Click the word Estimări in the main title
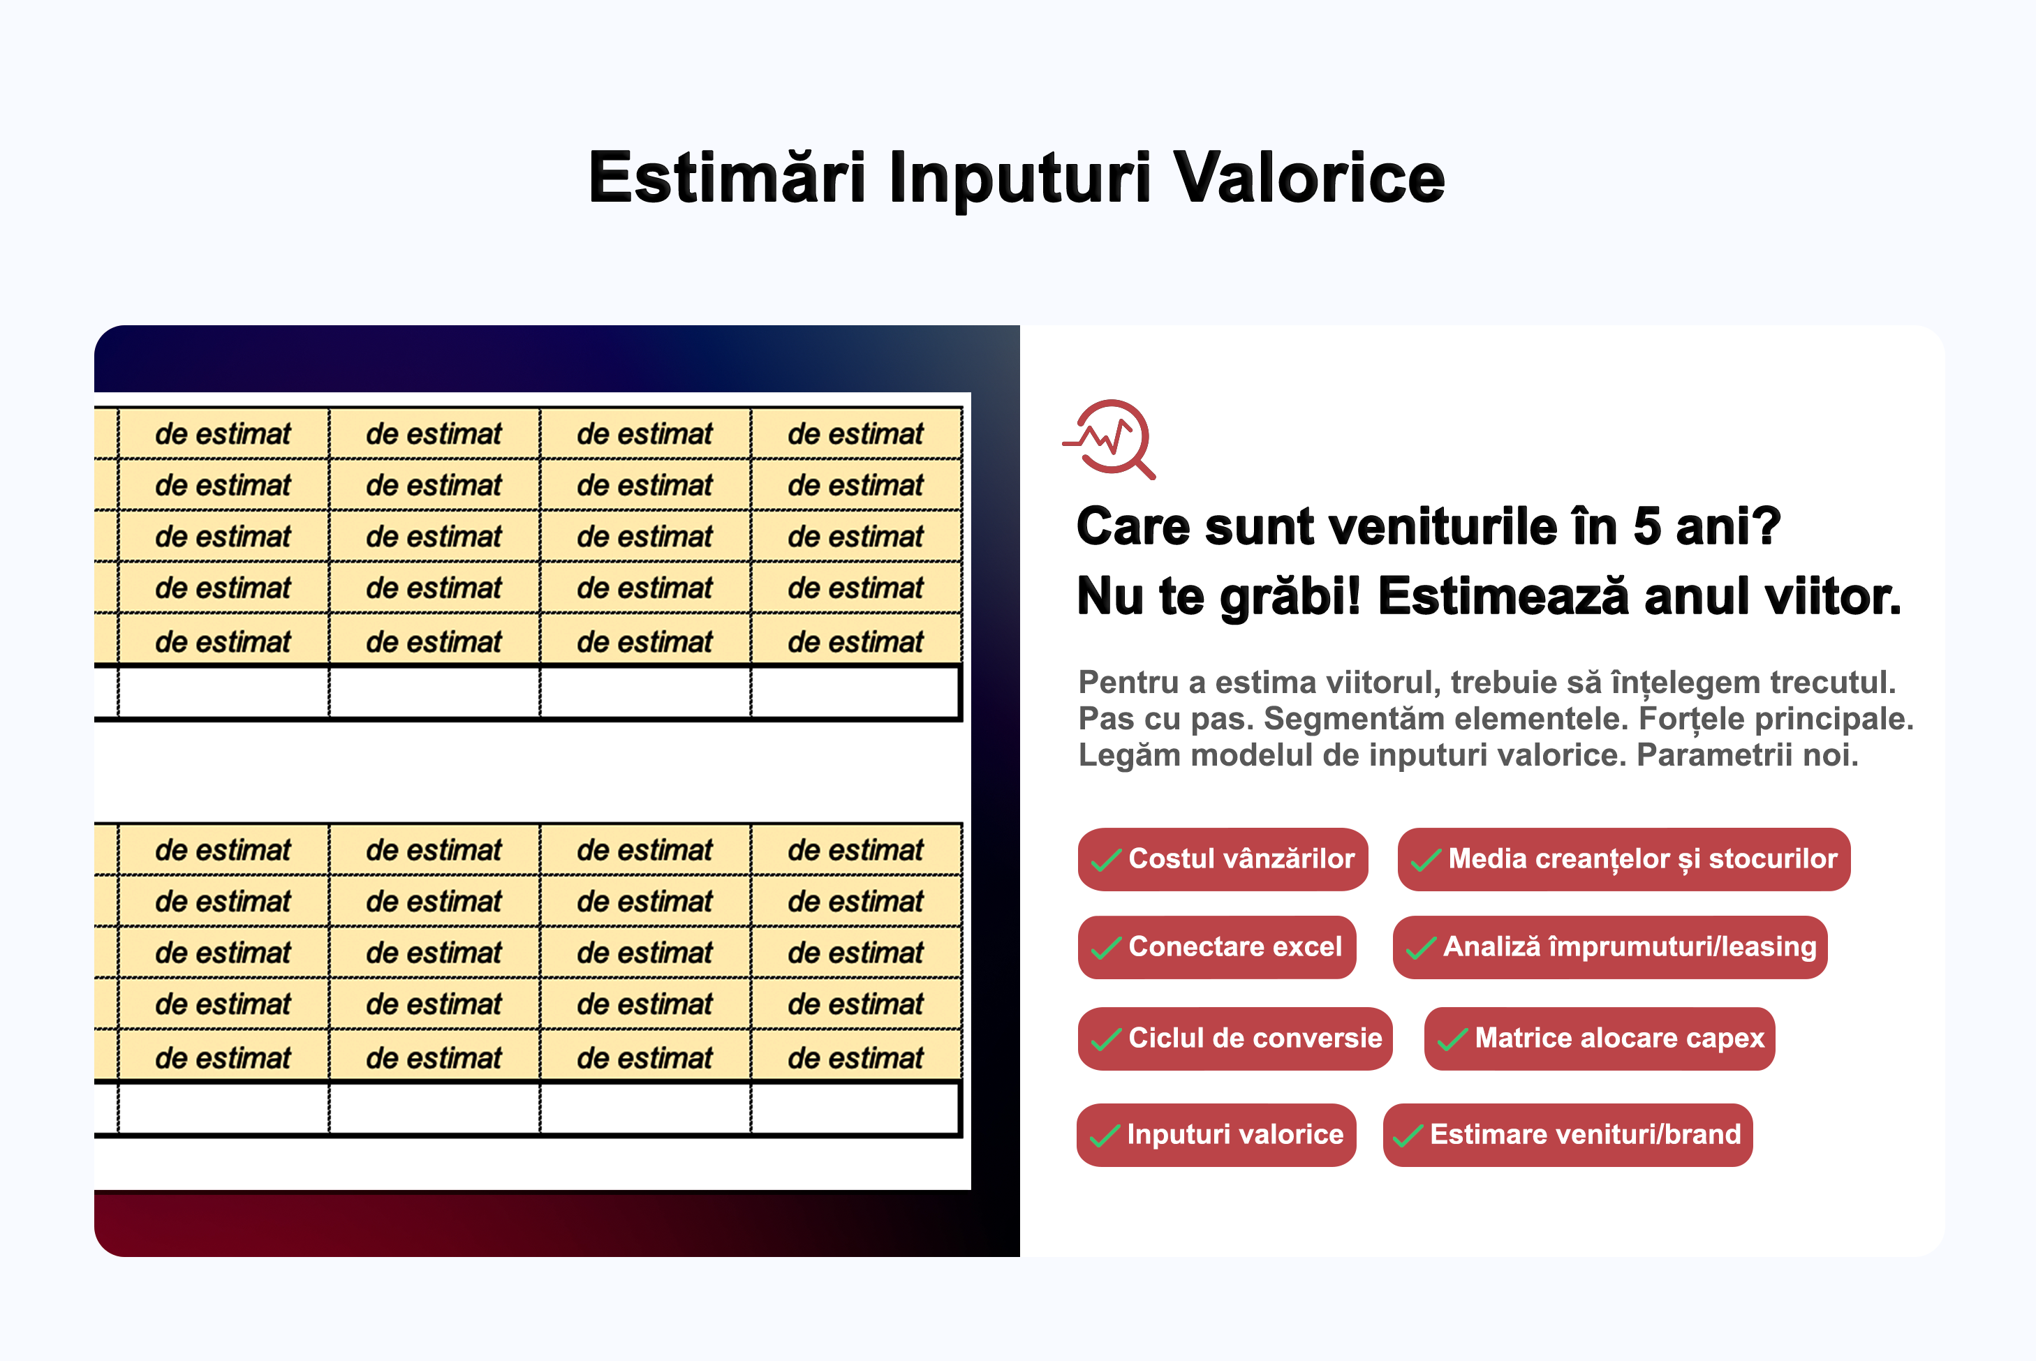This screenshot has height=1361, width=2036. click(727, 177)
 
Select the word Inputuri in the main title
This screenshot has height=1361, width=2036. click(1019, 179)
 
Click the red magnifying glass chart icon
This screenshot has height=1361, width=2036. click(1109, 439)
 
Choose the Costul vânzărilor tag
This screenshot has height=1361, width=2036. click(1223, 859)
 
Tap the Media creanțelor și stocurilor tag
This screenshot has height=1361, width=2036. click(1623, 859)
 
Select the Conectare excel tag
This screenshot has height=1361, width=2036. click(1216, 947)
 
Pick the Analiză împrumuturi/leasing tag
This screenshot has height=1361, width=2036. click(1609, 947)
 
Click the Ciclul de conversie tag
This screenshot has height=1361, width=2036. click(1234, 1038)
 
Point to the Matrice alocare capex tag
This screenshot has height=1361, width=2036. click(1600, 1038)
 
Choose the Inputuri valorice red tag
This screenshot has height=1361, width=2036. click(1216, 1134)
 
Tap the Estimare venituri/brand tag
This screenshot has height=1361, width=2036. click(1567, 1134)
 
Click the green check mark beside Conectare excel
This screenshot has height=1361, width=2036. click(1106, 948)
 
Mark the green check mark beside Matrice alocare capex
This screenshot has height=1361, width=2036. click(1452, 1039)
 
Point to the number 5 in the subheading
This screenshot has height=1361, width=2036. click(1647, 528)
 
